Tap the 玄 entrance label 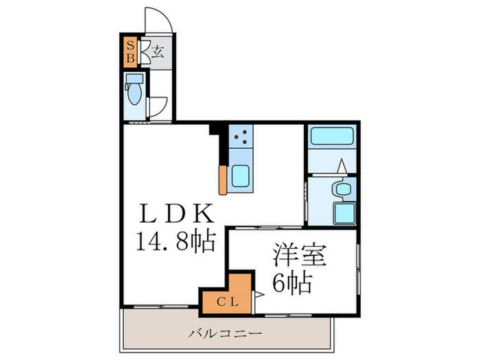point(157,51)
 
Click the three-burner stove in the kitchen point(241,138)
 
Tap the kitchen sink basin point(241,177)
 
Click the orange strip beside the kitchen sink point(223,180)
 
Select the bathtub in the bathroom point(331,135)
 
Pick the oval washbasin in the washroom point(340,189)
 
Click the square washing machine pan point(344,213)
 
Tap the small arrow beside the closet point(258,296)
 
